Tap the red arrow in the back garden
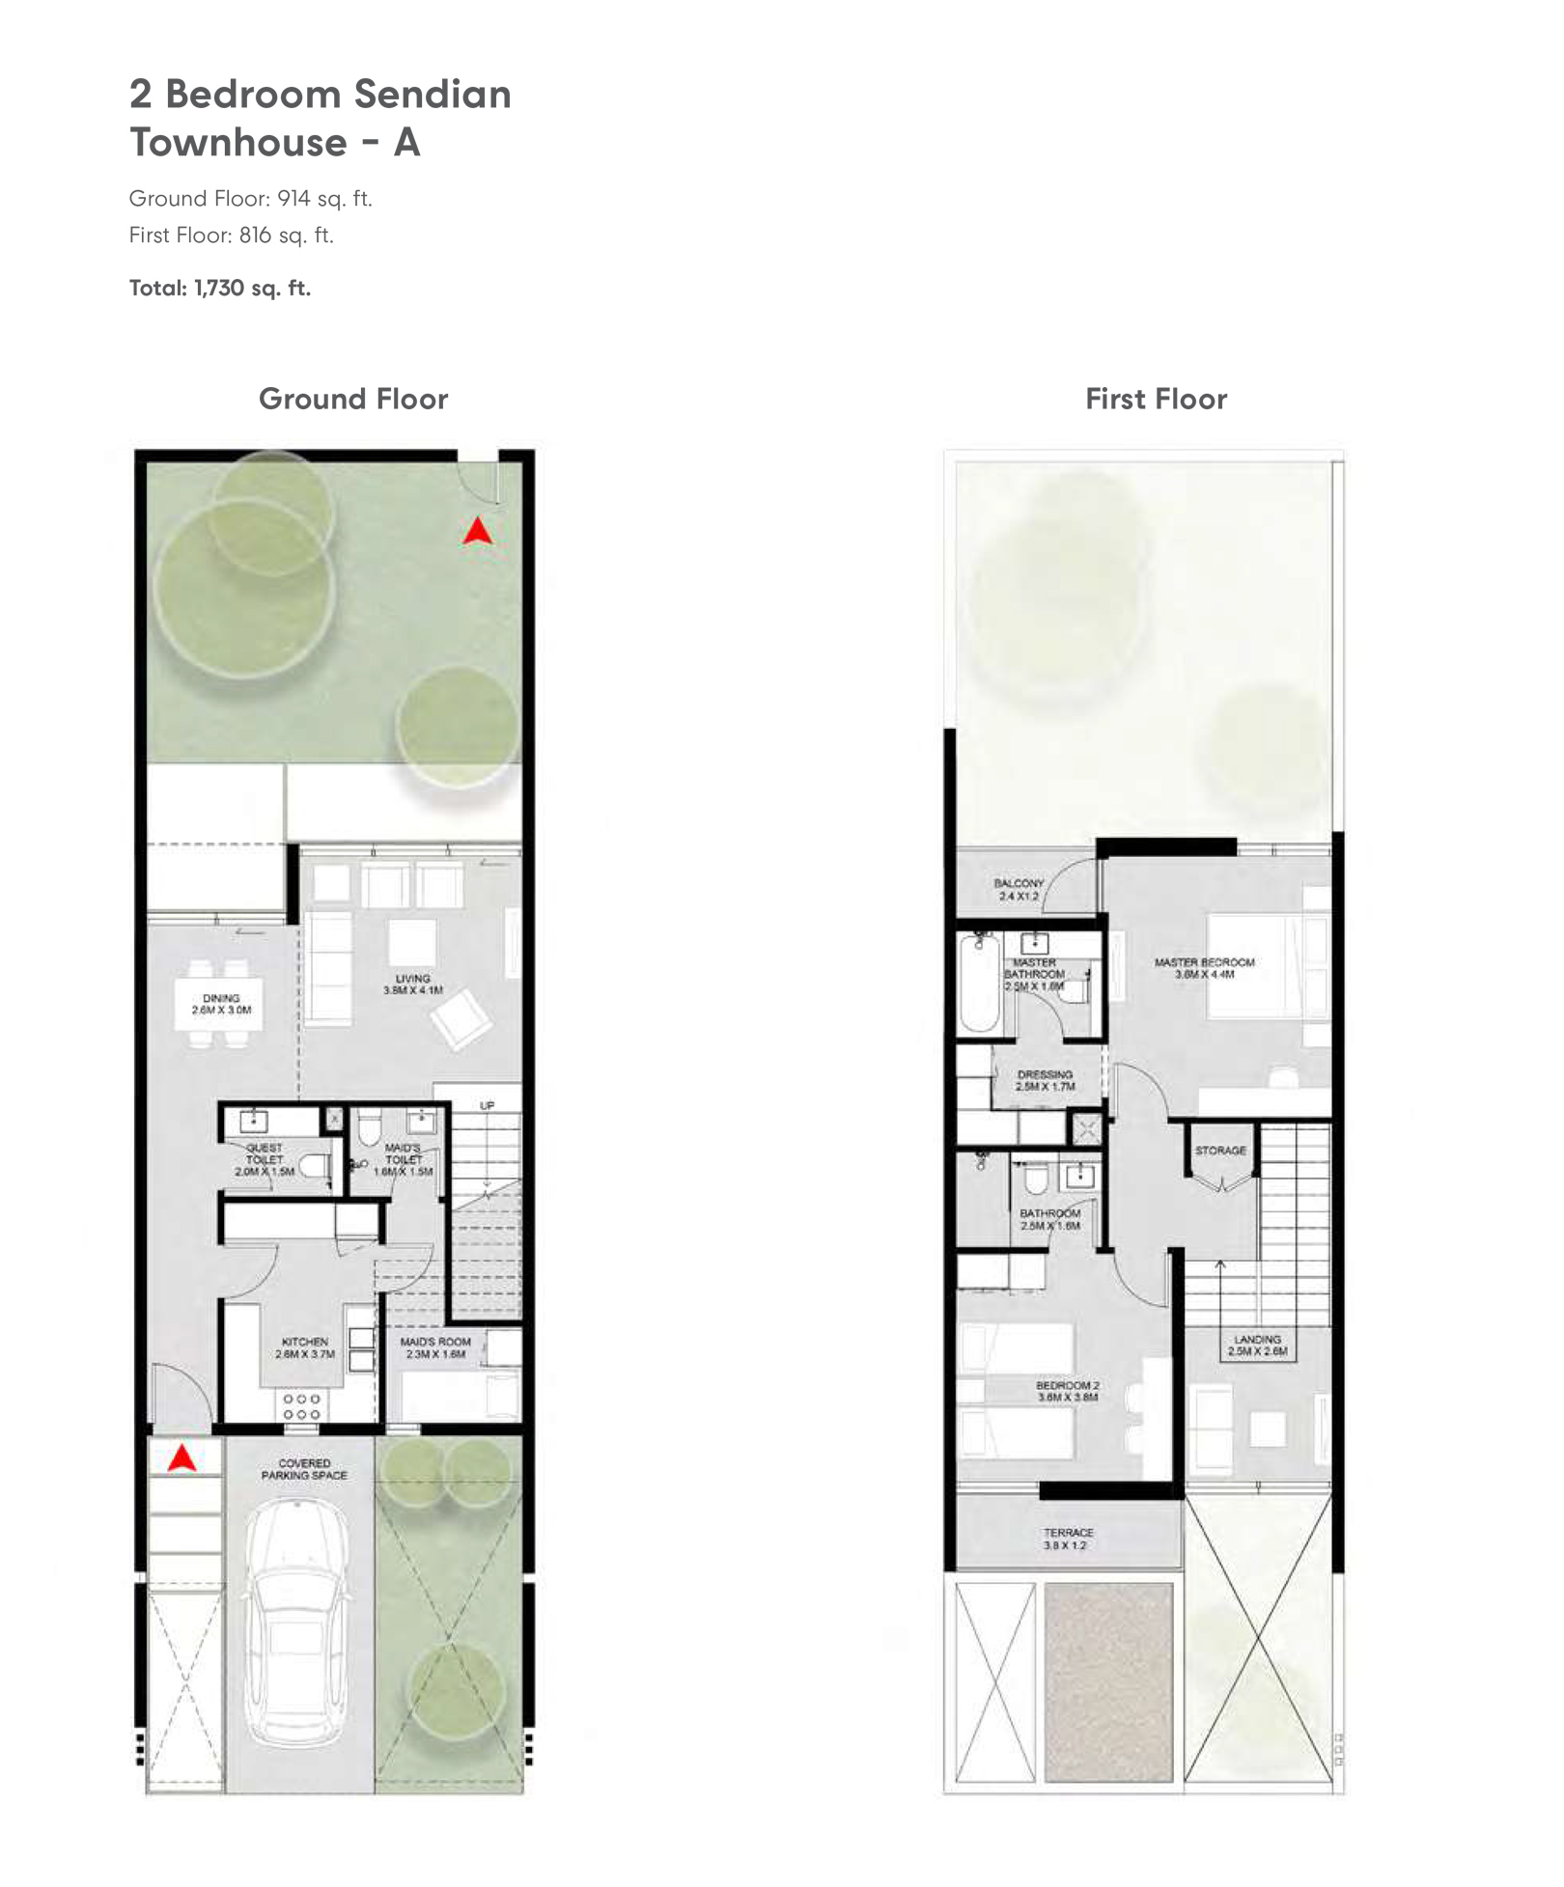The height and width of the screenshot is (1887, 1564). point(477,530)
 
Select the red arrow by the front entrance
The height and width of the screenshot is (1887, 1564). point(182,1457)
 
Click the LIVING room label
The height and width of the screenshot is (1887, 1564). point(412,984)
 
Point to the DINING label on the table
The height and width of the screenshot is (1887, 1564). point(221,1004)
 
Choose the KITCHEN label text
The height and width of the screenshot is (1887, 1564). point(304,1347)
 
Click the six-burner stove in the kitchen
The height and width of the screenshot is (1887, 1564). point(301,1406)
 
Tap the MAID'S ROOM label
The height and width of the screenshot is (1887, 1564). point(435,1347)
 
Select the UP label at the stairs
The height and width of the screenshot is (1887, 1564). point(488,1105)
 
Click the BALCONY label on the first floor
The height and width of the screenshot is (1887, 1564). point(1019,889)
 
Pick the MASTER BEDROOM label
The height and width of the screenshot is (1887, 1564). point(1204,968)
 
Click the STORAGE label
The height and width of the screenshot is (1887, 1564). point(1220,1151)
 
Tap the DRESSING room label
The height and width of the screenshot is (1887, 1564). point(1045,1080)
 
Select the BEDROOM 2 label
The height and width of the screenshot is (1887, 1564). point(1067,1391)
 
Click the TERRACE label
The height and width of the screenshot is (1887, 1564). point(1068,1539)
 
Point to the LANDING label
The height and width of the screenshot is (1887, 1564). point(1257,1345)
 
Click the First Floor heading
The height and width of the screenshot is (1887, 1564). point(1156,399)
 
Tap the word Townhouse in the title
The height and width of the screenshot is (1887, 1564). point(238,143)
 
